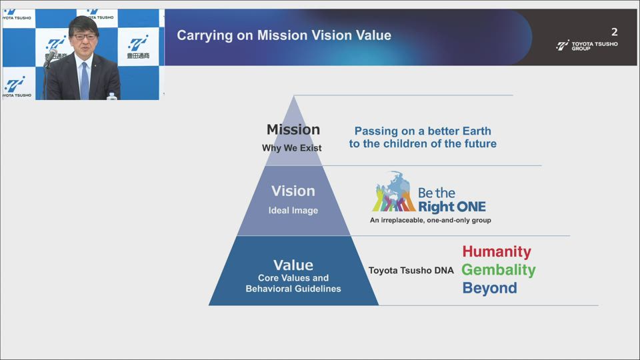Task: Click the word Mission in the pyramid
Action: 293,130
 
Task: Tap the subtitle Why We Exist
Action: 292,148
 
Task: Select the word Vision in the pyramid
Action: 293,191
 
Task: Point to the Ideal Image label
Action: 293,211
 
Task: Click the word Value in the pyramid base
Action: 293,265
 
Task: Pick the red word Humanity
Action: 497,251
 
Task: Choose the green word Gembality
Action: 499,270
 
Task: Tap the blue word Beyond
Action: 490,288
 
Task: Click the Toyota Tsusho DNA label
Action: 411,271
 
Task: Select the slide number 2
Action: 614,32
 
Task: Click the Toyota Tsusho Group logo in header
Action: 587,45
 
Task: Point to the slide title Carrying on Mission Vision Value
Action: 284,35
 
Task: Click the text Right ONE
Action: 452,207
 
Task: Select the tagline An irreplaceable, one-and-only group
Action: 430,221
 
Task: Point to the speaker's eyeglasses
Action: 85,37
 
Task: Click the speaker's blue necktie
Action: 85,81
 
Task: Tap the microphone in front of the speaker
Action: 50,57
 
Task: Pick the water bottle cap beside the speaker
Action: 112,94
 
